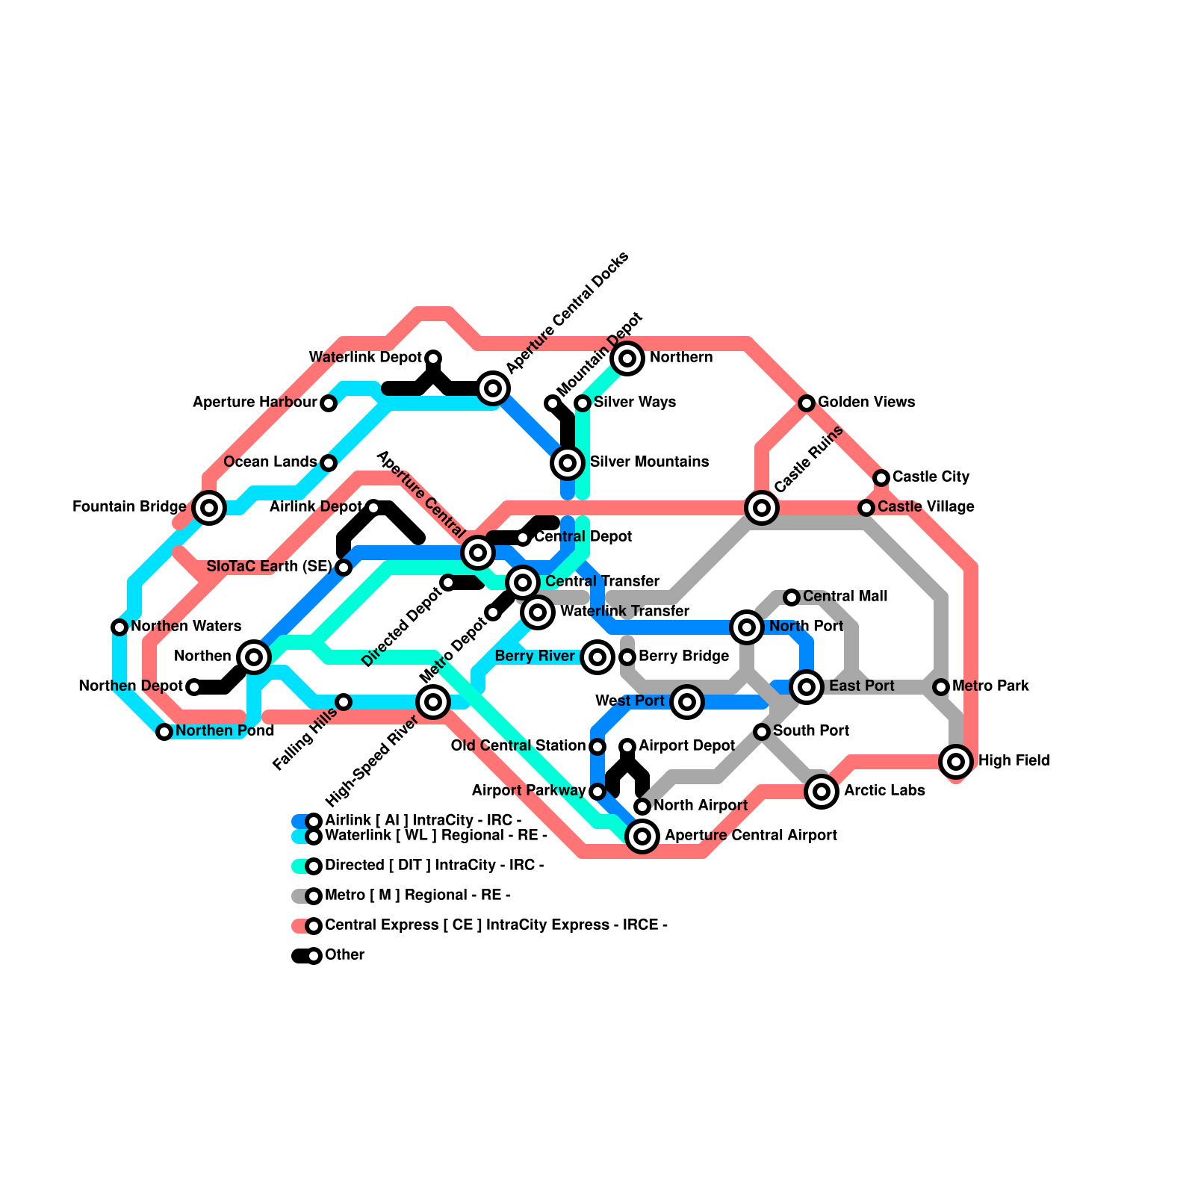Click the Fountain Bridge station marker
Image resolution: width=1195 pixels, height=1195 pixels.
pyautogui.click(x=209, y=508)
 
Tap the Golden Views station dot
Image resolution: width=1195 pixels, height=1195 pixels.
pyautogui.click(x=807, y=403)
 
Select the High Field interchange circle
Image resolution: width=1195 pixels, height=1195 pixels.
pyautogui.click(x=956, y=762)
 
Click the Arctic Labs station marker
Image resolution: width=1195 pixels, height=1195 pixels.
pyautogui.click(x=822, y=792)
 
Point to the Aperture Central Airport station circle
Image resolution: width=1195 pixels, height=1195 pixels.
pyautogui.click(x=642, y=836)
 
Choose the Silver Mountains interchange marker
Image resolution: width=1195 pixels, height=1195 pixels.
pyautogui.click(x=568, y=463)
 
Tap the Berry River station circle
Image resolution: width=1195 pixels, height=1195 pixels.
pyautogui.click(x=597, y=657)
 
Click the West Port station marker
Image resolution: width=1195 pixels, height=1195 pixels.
pyautogui.click(x=687, y=702)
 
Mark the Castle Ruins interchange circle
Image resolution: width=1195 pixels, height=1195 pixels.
pyautogui.click(x=762, y=508)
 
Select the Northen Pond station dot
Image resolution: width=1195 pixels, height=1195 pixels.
pyautogui.click(x=164, y=732)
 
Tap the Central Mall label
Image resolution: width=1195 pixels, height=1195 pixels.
pyautogui.click(x=845, y=597)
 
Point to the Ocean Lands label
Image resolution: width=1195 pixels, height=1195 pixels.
pyautogui.click(x=270, y=462)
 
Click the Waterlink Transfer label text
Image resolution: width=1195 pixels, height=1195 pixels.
pyautogui.click(x=624, y=612)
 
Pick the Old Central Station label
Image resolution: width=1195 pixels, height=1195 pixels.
pyautogui.click(x=518, y=746)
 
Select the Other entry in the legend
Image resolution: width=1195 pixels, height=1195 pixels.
pyautogui.click(x=344, y=955)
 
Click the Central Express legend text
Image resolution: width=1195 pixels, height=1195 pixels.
pyautogui.click(x=496, y=925)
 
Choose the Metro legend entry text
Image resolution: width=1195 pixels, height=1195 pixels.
pyautogui.click(x=418, y=896)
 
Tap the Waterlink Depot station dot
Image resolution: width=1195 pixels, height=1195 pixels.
pyautogui.click(x=433, y=358)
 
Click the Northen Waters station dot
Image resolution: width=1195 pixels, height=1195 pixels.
pyautogui.click(x=119, y=627)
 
